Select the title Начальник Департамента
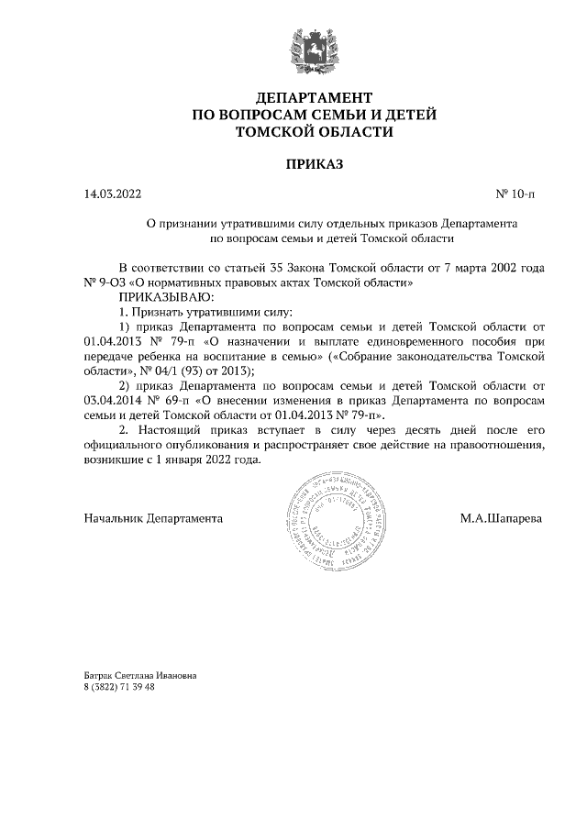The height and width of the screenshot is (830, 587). pyautogui.click(x=153, y=518)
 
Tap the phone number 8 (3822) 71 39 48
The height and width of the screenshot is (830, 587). pyautogui.click(x=119, y=687)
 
